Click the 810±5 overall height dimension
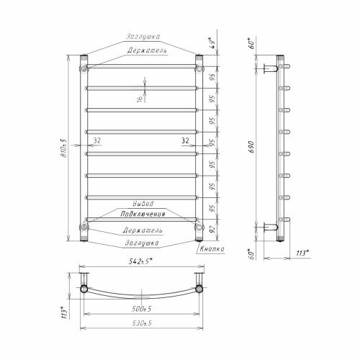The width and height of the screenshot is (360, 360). [x=64, y=148]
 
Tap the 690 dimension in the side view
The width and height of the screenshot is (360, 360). [x=251, y=147]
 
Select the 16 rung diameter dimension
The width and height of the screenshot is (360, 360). [x=140, y=99]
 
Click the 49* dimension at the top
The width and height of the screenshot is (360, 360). [x=212, y=43]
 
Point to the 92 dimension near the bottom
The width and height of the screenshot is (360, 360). [x=212, y=229]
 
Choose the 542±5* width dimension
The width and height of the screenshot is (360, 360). [x=140, y=261]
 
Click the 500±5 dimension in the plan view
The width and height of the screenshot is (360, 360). [x=142, y=309]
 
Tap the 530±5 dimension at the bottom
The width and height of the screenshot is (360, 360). [x=142, y=323]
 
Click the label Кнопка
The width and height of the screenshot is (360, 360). [x=212, y=249]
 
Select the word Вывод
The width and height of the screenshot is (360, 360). [x=143, y=204]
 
